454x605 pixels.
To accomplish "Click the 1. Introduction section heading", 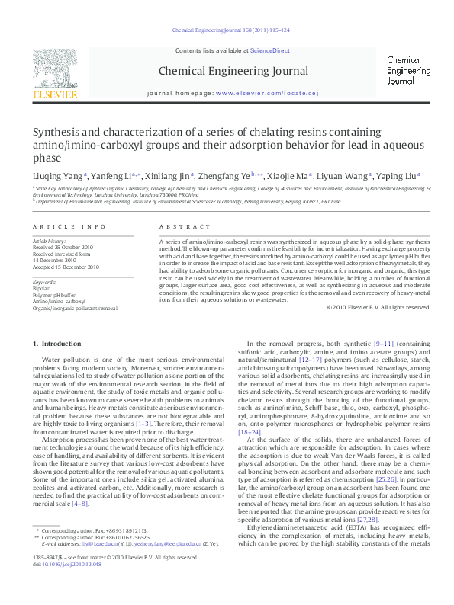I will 60,344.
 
